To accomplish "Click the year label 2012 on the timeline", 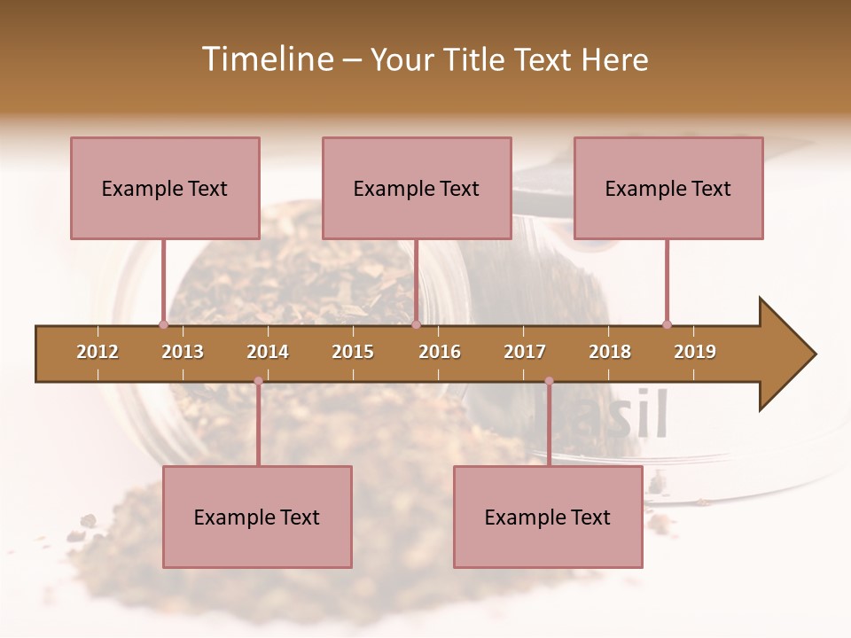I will tap(98, 352).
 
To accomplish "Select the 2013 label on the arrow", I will tap(183, 352).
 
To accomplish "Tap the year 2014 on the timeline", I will tap(268, 352).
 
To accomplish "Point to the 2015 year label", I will tap(353, 352).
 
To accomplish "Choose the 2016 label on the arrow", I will tap(440, 352).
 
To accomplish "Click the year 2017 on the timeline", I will tap(525, 352).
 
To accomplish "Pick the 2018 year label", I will tap(610, 352).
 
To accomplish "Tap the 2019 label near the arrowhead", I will tap(695, 352).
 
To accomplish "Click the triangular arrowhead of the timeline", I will tap(785, 354).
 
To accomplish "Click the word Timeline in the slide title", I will tap(266, 59).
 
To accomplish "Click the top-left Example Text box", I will tap(165, 188).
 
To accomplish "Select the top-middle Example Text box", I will tap(417, 188).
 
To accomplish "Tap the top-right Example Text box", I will tap(668, 188).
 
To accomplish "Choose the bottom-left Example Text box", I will tap(257, 517).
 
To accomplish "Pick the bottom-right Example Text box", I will tap(548, 517).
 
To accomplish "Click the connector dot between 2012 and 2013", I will tap(163, 324).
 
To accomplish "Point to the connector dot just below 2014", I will tap(258, 381).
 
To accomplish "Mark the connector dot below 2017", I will tap(549, 381).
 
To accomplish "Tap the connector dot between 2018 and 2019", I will tap(667, 324).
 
